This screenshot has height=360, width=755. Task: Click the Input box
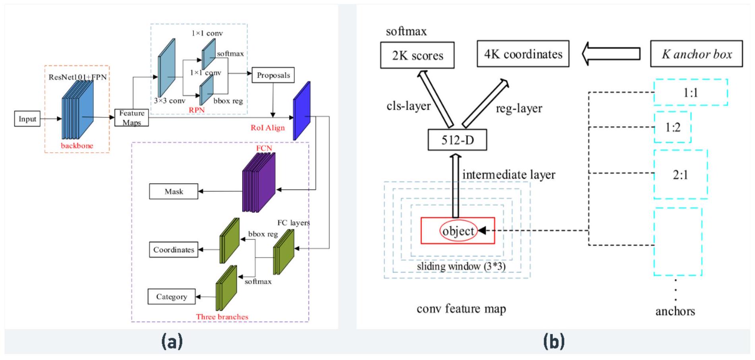[x=27, y=119]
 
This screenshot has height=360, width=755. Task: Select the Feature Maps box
[x=131, y=118]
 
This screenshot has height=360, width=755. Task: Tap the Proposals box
[x=273, y=75]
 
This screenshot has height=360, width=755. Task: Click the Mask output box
[x=174, y=192]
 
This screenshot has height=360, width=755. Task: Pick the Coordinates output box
[x=174, y=250]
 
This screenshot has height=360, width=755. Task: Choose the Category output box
[x=171, y=297]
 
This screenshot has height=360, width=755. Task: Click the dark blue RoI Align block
[x=301, y=111]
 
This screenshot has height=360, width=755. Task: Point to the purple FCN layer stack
[x=259, y=183]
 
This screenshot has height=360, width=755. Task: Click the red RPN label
[x=197, y=110]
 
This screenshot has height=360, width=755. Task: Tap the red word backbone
[x=77, y=146]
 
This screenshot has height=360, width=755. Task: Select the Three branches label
[x=222, y=317]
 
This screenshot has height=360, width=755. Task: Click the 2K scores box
[x=417, y=56]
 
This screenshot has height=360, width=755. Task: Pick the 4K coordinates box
[x=523, y=54]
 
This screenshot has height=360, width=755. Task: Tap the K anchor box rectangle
[x=696, y=54]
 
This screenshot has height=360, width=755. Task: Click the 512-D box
[x=457, y=140]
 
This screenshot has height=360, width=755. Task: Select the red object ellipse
[x=458, y=231]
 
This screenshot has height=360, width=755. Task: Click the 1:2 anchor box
[x=672, y=128]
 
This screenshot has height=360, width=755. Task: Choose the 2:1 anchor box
[x=680, y=174]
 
